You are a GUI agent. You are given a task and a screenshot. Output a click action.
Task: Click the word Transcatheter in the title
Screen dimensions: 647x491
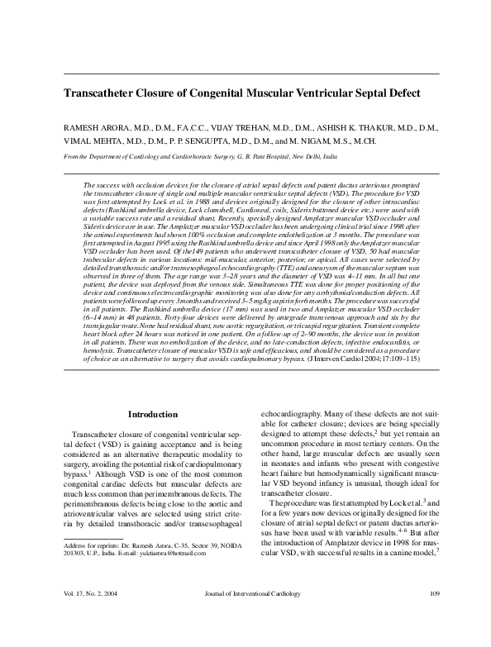pos(105,94)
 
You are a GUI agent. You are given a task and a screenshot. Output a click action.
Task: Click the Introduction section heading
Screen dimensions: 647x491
pos(154,413)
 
